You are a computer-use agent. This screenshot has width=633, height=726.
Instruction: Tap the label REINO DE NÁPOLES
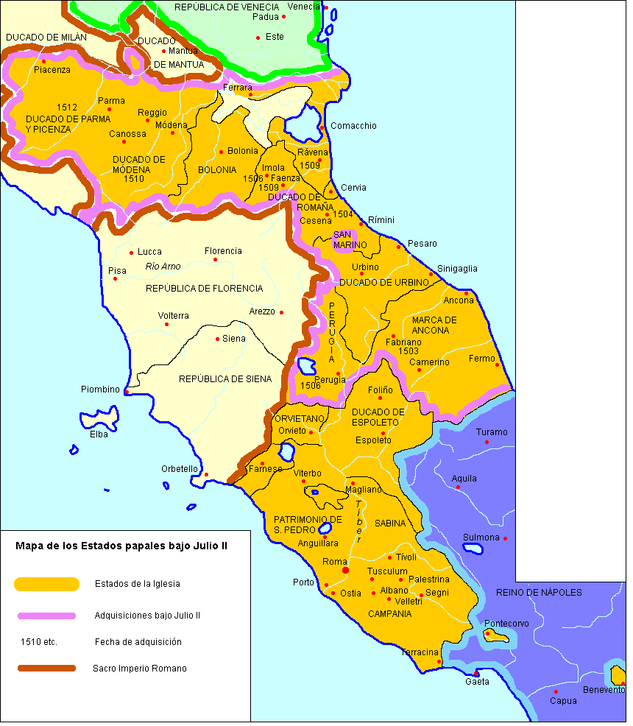coord(539,593)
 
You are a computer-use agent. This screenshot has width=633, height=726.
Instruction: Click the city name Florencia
coord(223,251)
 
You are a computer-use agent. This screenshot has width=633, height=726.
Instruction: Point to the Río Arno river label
coord(163,267)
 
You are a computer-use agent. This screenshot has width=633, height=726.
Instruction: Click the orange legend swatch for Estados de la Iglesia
coord(46,584)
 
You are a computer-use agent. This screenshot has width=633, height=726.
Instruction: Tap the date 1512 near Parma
coord(67,108)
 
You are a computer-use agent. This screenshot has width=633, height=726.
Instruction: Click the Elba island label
coord(99,434)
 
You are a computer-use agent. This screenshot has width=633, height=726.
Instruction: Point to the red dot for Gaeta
coord(476,674)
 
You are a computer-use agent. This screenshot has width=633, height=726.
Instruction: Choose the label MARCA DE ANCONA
coord(434,325)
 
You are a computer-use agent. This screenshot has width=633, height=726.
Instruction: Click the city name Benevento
coord(604,690)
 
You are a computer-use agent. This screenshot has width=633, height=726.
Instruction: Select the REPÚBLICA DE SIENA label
coord(225,379)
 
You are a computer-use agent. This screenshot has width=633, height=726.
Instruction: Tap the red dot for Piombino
coord(127,392)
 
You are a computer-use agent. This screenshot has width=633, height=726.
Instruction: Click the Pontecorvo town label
coord(506,624)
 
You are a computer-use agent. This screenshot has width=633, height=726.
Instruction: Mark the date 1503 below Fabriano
coord(409,351)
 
